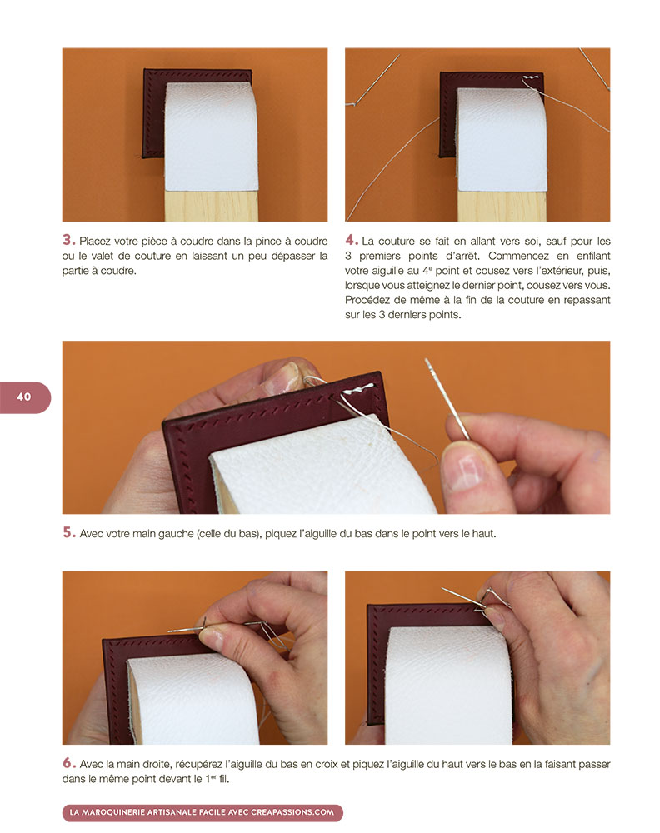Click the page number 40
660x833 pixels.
(24, 397)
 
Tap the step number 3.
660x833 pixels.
(68, 240)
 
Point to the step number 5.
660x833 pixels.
(69, 532)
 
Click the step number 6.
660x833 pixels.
(69, 763)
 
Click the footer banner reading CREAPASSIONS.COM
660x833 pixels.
(202, 812)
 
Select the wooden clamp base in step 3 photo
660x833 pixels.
(212, 205)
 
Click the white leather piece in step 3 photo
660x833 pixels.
(211, 137)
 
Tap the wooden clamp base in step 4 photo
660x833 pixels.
(502, 206)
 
